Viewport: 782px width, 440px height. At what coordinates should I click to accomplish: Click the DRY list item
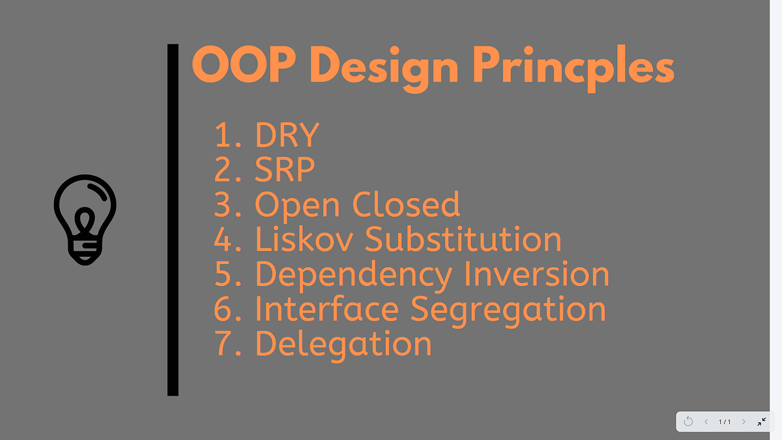pos(287,135)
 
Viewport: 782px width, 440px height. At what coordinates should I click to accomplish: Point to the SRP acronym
pos(285,169)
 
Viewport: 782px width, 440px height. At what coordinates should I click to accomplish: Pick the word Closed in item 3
pos(406,205)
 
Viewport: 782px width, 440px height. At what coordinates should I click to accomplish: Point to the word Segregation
pos(508,310)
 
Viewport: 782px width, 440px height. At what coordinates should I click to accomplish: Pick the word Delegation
pos(343,344)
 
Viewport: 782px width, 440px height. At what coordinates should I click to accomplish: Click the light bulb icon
pos(85,219)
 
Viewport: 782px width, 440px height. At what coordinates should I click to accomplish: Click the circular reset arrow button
pos(688,422)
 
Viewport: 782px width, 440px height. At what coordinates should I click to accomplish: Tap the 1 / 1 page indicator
pos(725,422)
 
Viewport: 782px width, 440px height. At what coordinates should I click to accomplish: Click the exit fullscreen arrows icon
pos(761,422)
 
